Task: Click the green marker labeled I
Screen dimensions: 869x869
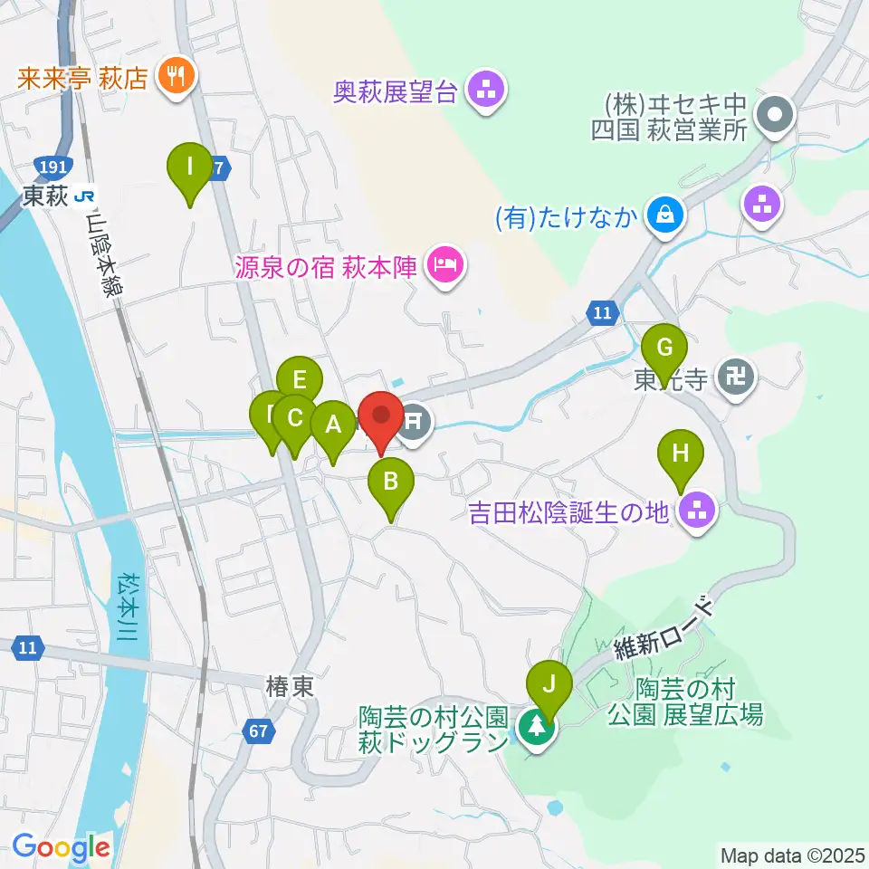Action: pyautogui.click(x=190, y=168)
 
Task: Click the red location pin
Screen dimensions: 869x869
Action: pyautogui.click(x=381, y=417)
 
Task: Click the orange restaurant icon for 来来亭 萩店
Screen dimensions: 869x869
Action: pyautogui.click(x=172, y=75)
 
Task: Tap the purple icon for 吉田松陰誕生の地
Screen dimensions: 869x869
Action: pyautogui.click(x=698, y=512)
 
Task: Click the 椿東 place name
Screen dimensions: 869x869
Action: pyautogui.click(x=290, y=687)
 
